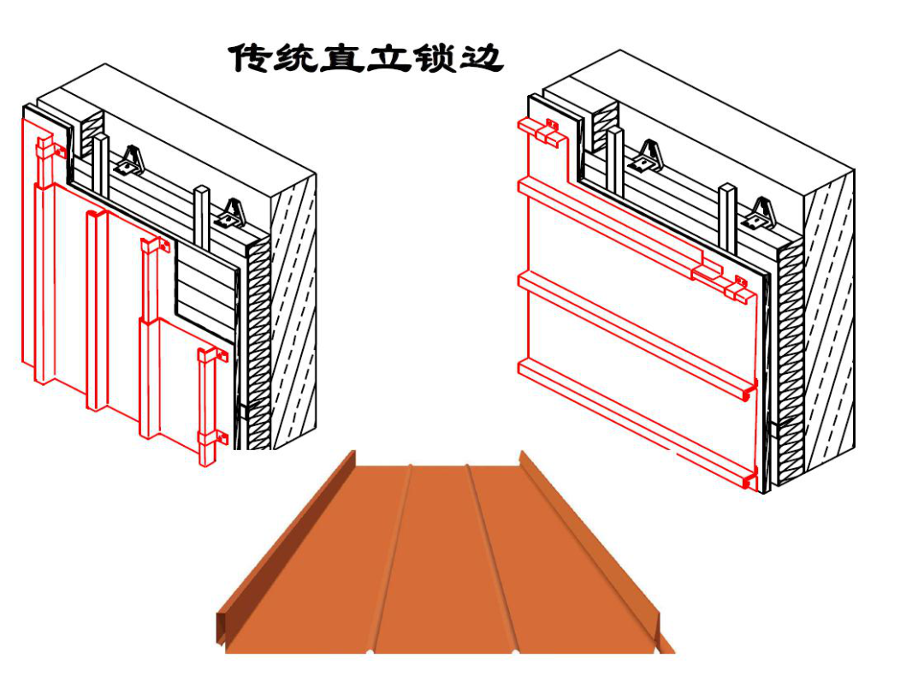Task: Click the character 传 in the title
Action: [247, 58]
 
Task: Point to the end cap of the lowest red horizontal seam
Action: [749, 482]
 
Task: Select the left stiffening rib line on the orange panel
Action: [395, 556]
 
